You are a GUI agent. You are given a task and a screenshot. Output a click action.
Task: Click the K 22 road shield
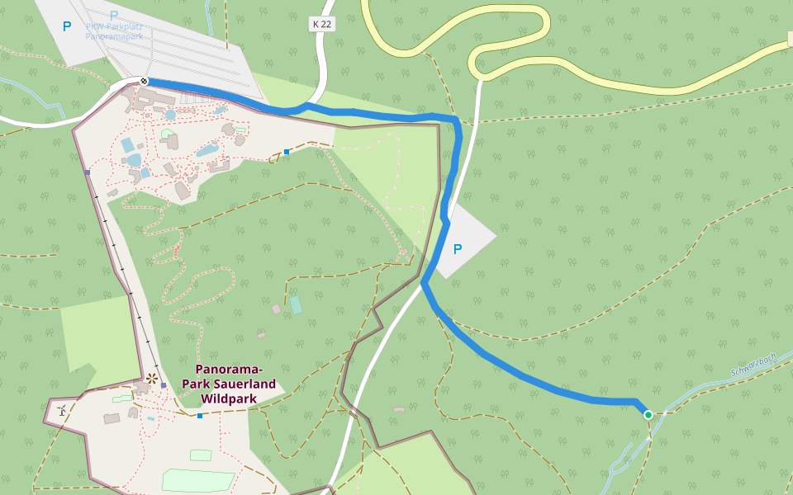pyautogui.click(x=323, y=25)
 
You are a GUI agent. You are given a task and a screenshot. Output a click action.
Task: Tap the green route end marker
pyautogui.click(x=648, y=415)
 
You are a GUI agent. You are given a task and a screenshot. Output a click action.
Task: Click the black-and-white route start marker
pyautogui.click(x=144, y=81)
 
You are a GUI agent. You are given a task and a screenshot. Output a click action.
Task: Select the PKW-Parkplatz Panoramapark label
pyautogui.click(x=113, y=31)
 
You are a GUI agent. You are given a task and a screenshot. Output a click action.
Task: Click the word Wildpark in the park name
pyautogui.click(x=229, y=398)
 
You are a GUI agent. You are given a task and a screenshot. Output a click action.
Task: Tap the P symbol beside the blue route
pyautogui.click(x=458, y=248)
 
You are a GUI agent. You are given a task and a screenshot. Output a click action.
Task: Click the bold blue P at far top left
pyautogui.click(x=67, y=26)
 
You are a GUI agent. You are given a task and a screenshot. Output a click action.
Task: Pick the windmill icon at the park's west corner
pyautogui.click(x=62, y=409)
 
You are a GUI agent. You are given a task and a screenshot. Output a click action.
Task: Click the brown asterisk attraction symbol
pyautogui.click(x=151, y=379)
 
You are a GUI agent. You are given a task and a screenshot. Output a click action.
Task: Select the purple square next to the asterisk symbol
pyautogui.click(x=164, y=385)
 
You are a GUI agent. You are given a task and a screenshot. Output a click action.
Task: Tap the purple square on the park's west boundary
pyautogui.click(x=87, y=172)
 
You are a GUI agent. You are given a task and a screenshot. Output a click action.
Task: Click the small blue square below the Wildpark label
pyautogui.click(x=200, y=416)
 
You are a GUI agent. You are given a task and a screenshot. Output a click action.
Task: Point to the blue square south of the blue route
pyautogui.click(x=287, y=151)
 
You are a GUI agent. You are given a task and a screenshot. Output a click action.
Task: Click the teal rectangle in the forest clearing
pyautogui.click(x=295, y=305)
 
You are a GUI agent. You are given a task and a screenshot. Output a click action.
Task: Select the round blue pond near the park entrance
pyautogui.click(x=170, y=115)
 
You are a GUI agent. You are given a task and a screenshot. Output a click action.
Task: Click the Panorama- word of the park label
pyautogui.click(x=229, y=369)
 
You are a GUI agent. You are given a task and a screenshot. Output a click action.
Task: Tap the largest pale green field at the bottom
pyautogui.click(x=198, y=481)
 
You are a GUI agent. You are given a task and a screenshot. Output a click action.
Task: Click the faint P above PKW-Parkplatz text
pyautogui.click(x=113, y=15)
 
